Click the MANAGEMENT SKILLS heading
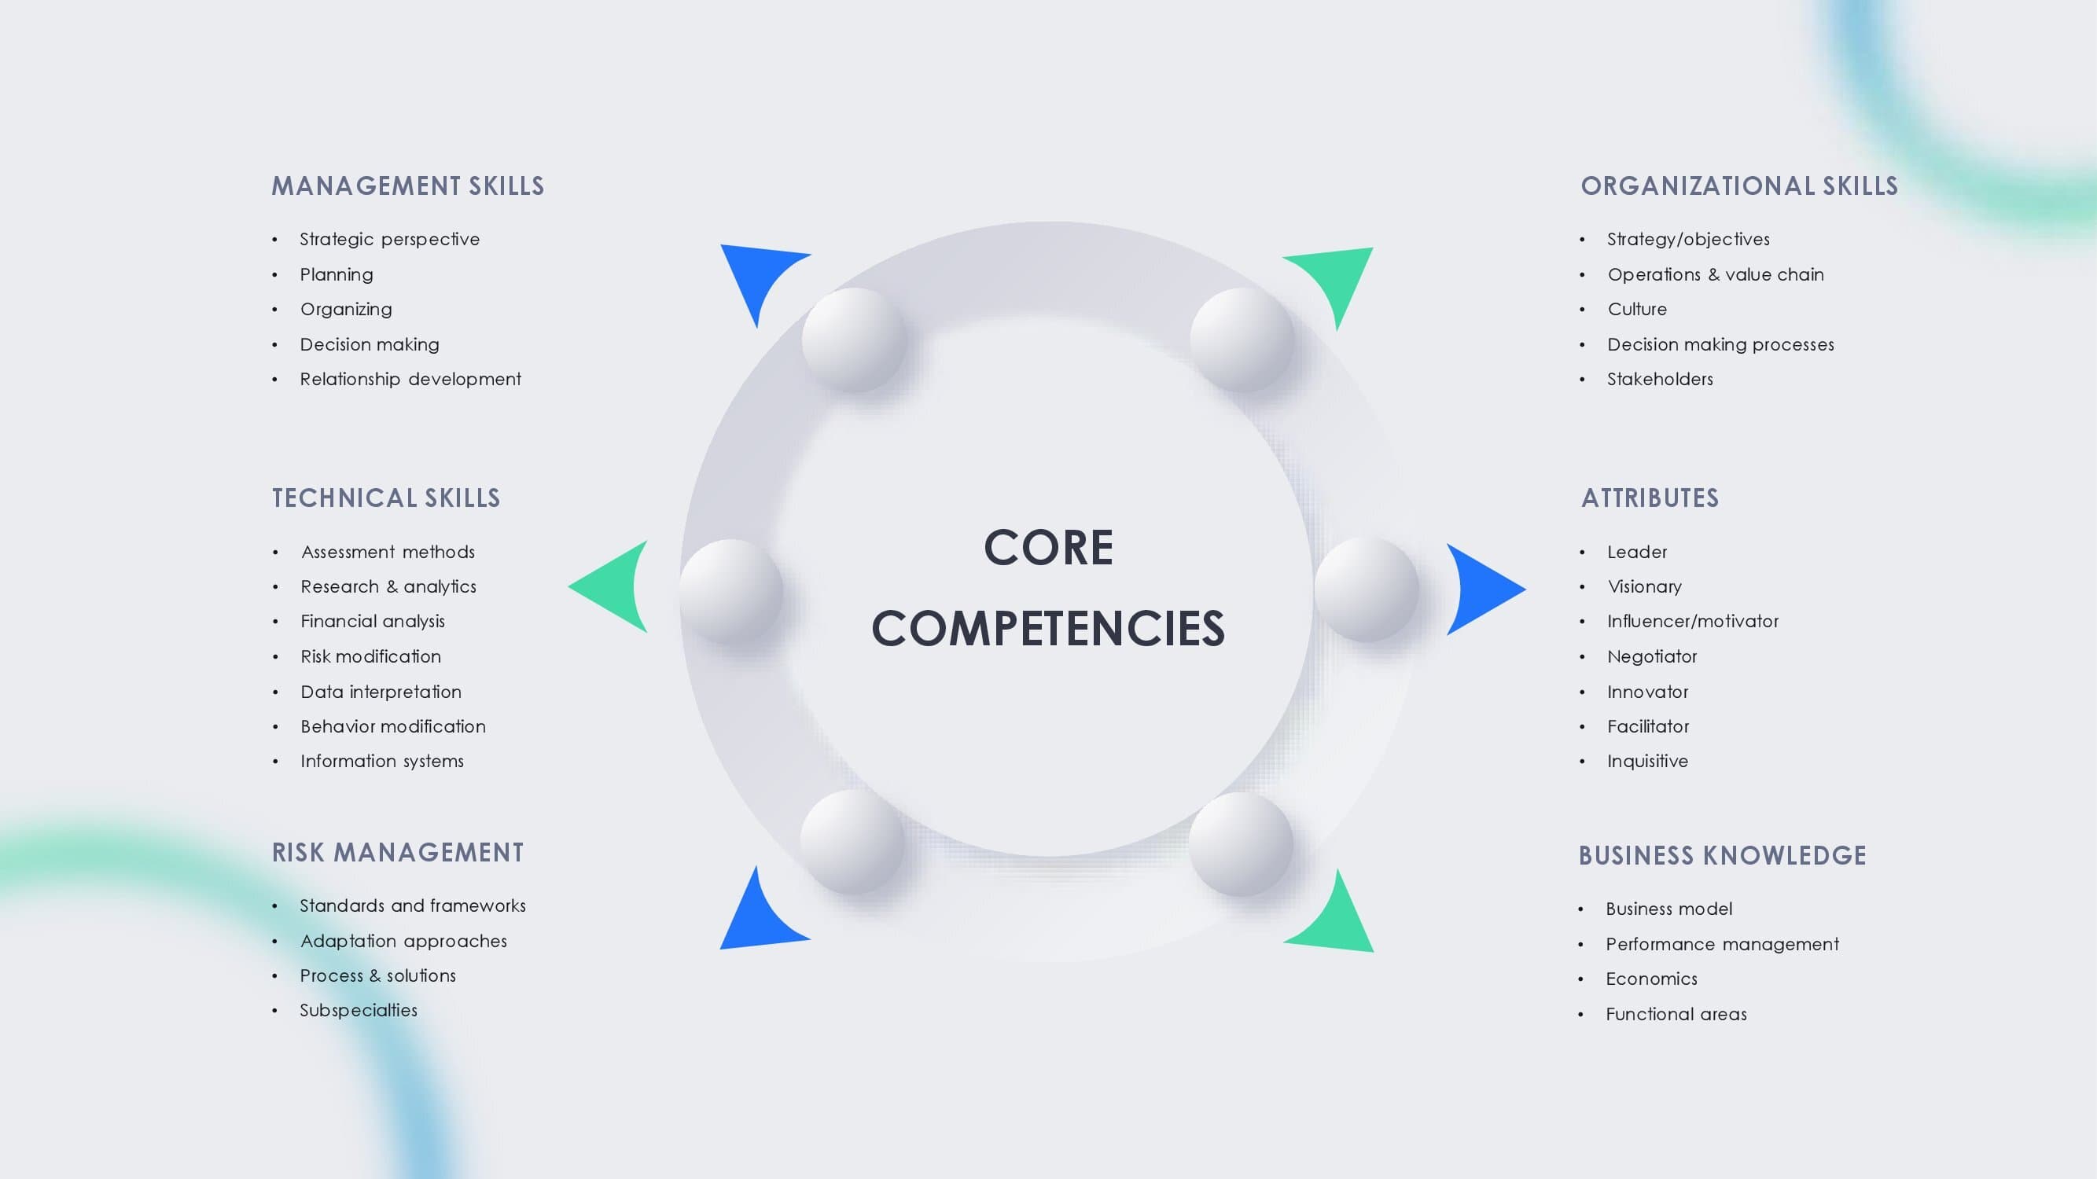(408, 185)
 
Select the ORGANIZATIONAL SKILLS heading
(1738, 185)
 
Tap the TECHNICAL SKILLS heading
(386, 498)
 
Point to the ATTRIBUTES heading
(1650, 498)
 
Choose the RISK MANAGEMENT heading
(397, 852)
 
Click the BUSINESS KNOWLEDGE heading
(1723, 855)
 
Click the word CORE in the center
(1049, 547)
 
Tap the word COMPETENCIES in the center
(1049, 628)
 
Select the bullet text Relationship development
(410, 379)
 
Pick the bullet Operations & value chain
(1716, 275)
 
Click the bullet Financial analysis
(373, 622)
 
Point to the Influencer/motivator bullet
(1693, 622)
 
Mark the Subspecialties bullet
(359, 1011)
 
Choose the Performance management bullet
(1723, 944)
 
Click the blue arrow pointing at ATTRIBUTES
(1481, 589)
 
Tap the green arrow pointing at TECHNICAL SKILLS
(613, 586)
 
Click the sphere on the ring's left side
(731, 592)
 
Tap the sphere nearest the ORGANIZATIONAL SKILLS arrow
(1242, 340)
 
